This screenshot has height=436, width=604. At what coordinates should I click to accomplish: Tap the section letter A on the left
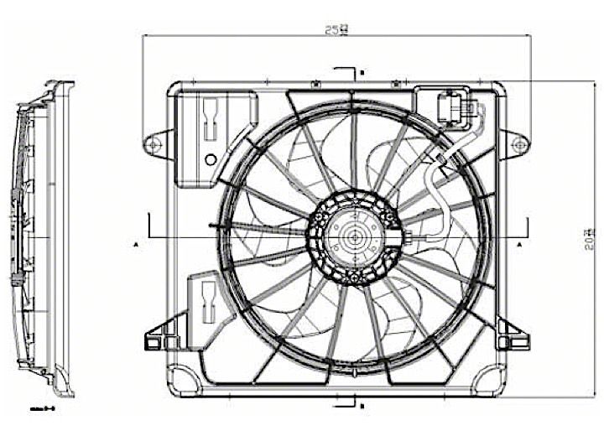135,244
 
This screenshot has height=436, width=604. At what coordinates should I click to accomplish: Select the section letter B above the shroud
361,74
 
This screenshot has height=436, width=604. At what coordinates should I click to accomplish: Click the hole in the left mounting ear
153,145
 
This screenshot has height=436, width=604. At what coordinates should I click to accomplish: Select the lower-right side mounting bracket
512,335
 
